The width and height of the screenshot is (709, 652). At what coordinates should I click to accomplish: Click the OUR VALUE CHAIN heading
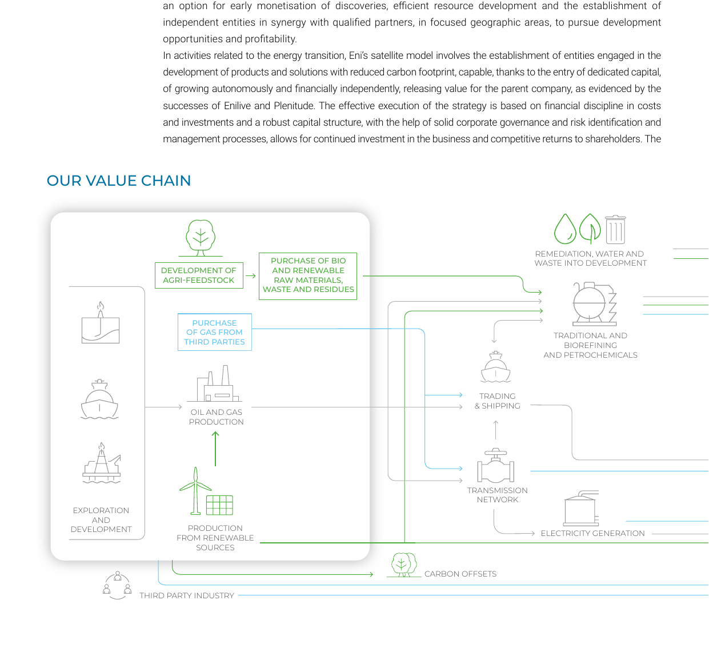(x=119, y=181)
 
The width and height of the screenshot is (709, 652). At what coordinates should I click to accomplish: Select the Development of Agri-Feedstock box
(x=199, y=275)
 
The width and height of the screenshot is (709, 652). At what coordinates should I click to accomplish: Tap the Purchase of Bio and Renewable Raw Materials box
(x=308, y=276)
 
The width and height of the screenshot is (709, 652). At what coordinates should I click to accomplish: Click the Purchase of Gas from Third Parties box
(x=215, y=332)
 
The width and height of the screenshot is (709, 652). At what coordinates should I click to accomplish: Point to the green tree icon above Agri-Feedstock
(x=201, y=238)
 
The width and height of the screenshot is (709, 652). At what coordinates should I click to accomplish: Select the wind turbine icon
(x=195, y=491)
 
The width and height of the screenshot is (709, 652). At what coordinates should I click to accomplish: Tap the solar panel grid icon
(x=219, y=505)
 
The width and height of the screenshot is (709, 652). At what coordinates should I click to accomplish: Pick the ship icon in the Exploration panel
(x=99, y=399)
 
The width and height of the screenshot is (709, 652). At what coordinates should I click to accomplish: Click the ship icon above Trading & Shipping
(x=495, y=367)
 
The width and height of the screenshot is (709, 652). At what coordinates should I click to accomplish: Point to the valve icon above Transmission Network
(x=495, y=465)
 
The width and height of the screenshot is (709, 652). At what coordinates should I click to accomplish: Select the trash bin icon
(x=615, y=230)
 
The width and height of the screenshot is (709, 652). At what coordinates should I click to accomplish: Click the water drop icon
(x=565, y=229)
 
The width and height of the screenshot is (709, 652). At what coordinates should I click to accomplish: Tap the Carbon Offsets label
(x=460, y=574)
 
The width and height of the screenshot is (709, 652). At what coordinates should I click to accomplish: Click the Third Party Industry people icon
(x=117, y=585)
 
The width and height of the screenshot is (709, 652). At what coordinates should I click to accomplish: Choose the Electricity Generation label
(x=592, y=533)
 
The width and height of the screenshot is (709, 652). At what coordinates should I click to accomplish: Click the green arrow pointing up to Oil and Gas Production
(x=215, y=449)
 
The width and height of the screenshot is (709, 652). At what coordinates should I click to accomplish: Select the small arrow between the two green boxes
(x=251, y=276)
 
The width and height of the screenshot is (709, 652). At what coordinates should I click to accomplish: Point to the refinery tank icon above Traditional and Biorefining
(x=595, y=304)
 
